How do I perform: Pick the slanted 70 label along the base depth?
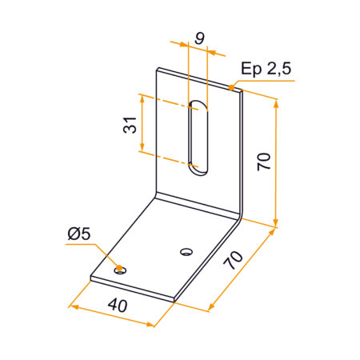pos(235,261)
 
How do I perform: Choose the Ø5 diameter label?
pos(80,234)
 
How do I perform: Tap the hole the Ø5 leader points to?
pos(120,270)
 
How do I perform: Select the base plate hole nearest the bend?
pos(186,252)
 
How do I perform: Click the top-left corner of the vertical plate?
pos(157,67)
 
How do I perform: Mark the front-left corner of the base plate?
pos(90,279)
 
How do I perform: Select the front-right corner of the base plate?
pos(174,299)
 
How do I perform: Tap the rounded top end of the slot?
pos(197,103)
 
